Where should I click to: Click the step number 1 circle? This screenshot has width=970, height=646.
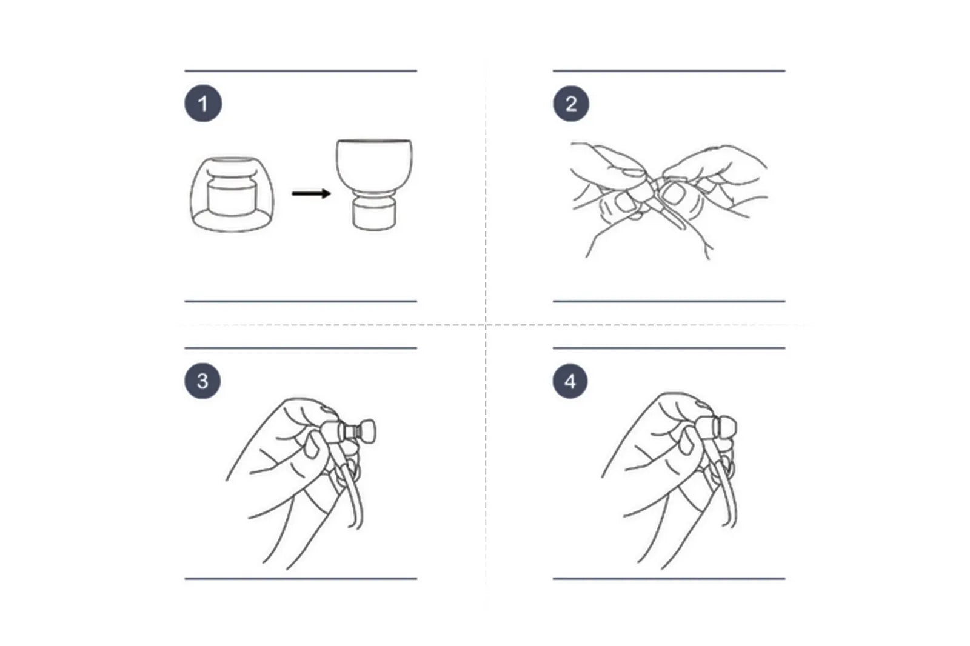click(203, 104)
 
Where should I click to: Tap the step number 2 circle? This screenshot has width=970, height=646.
click(570, 104)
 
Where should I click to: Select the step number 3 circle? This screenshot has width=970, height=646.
click(202, 381)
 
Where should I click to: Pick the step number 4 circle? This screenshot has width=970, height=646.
click(570, 381)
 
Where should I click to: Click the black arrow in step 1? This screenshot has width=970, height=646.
click(312, 193)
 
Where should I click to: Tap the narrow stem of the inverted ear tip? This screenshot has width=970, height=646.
click(374, 213)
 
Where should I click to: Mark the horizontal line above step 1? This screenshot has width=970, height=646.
click(301, 70)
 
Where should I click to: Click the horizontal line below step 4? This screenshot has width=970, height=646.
click(669, 579)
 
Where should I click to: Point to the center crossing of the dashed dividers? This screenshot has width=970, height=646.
click(486, 325)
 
